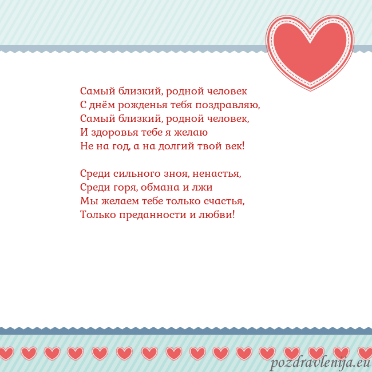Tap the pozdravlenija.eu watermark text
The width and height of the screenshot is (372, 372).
tap(320, 363)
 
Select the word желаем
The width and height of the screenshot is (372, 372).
tap(116, 201)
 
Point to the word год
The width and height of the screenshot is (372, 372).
tap(119, 147)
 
